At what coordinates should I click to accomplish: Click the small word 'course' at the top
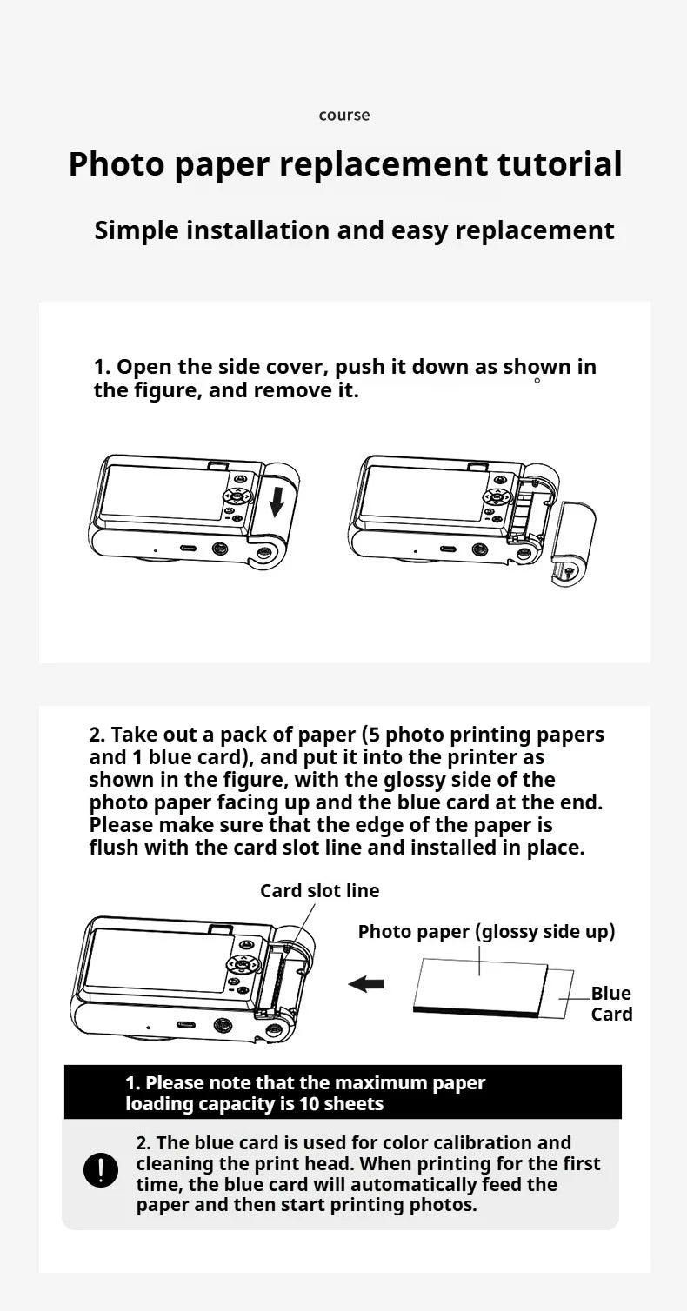(343, 116)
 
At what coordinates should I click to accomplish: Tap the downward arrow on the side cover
(276, 502)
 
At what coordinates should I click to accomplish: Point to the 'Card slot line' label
(319, 891)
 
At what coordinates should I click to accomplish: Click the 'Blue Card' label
(611, 1004)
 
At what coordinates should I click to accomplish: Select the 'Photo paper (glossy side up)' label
(486, 932)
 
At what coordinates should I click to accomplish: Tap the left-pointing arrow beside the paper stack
(366, 983)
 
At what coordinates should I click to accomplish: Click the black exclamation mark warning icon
(101, 1170)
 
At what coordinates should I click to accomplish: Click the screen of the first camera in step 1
(162, 492)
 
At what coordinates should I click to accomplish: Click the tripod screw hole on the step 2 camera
(223, 1026)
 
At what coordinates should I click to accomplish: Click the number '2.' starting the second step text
(97, 735)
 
